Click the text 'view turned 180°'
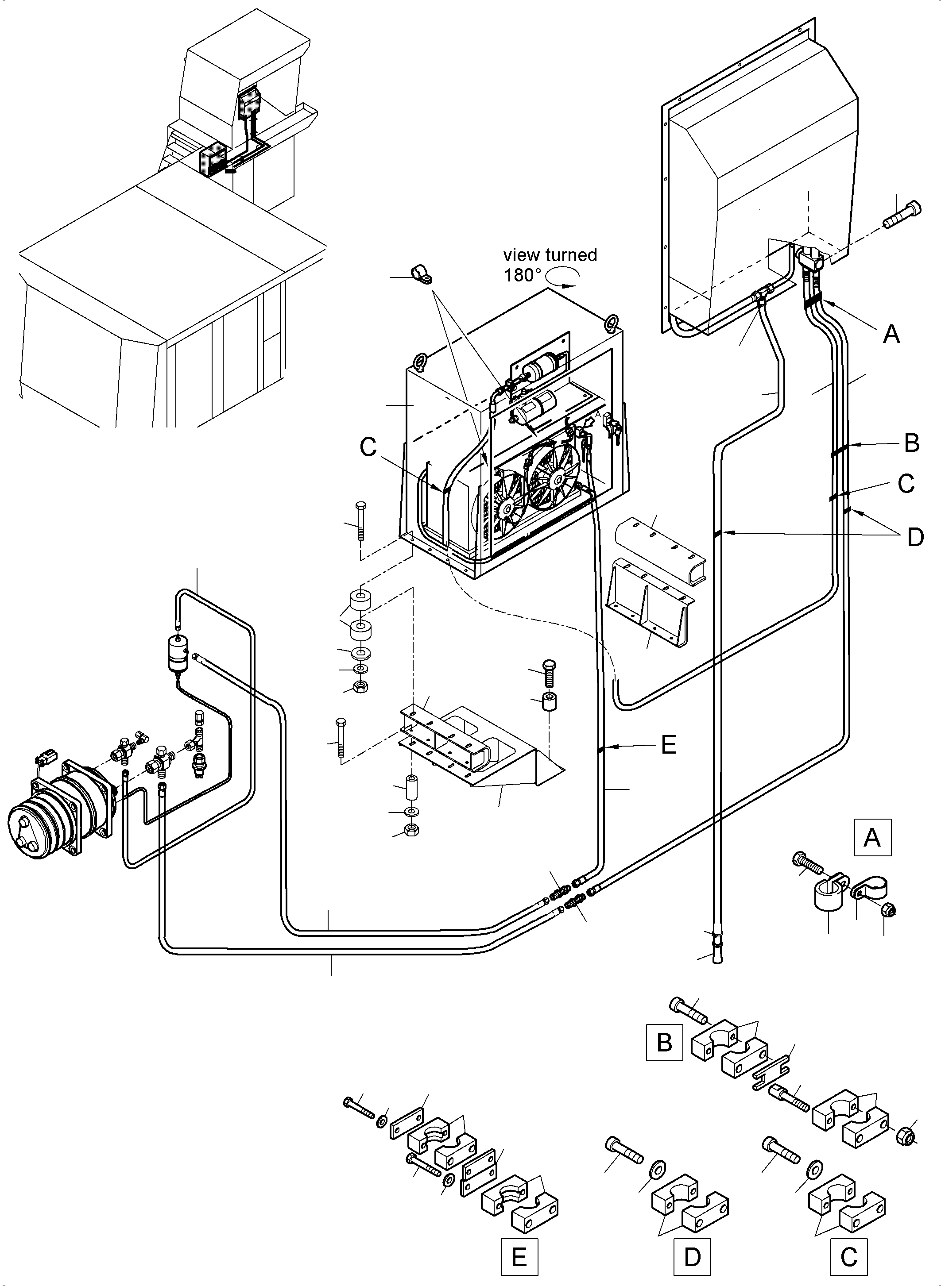[549, 265]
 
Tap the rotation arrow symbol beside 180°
[562, 277]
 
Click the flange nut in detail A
[889, 911]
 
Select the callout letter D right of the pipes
[915, 537]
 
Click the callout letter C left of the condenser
[368, 447]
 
